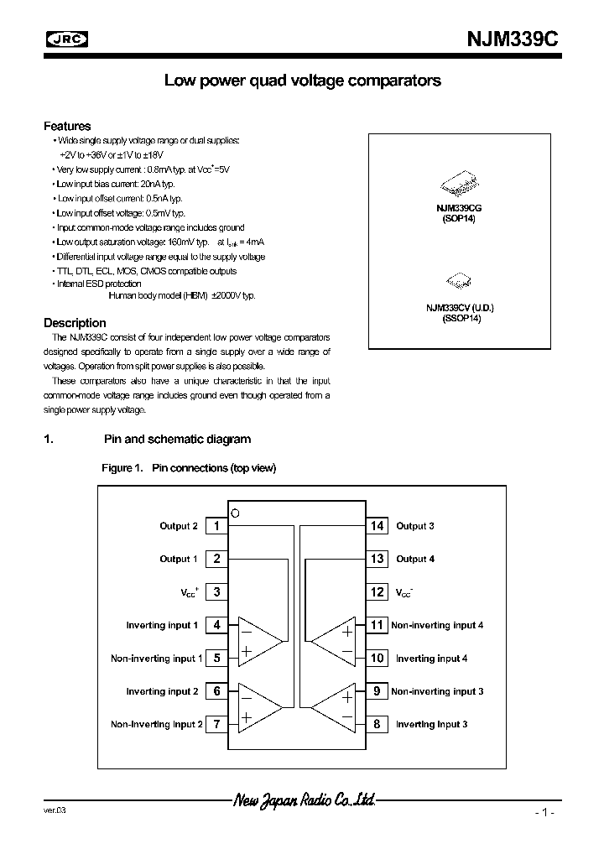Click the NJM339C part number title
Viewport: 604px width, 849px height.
[x=511, y=39]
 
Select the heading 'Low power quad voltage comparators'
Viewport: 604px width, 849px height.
[x=302, y=81]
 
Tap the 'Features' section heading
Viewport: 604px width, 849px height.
[x=67, y=126]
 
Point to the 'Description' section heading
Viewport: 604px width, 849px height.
[x=75, y=323]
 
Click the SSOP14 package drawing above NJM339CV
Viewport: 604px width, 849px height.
[x=459, y=281]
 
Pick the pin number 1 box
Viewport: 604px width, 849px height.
[x=216, y=526]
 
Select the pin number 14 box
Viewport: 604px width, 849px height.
[x=377, y=526]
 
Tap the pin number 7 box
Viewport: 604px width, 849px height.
[x=216, y=724]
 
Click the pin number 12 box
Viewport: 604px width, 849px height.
[x=377, y=592]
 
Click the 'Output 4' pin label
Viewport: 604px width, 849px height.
[x=415, y=559]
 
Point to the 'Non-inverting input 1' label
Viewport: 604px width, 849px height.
[x=156, y=659]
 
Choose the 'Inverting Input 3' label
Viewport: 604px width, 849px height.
[x=431, y=724]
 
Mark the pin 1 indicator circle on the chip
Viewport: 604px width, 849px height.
[x=236, y=513]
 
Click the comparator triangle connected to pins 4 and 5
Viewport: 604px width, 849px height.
[x=258, y=642]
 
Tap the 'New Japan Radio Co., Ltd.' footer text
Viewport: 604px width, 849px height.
[x=303, y=800]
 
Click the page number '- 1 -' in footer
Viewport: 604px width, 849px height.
[x=544, y=813]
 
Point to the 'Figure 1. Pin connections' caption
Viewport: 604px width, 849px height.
[x=189, y=468]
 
